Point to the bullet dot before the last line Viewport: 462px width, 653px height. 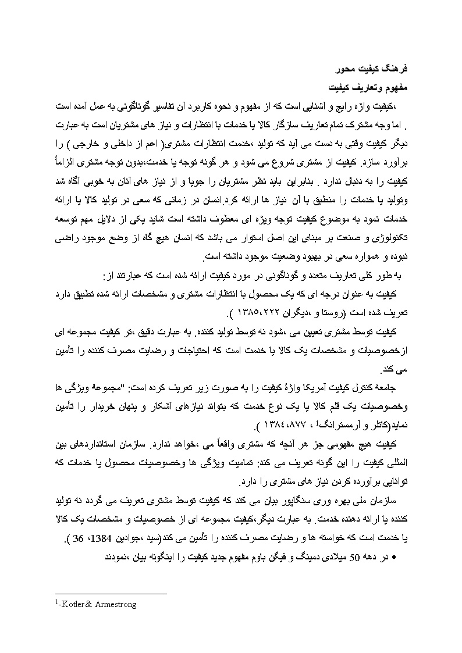(x=395, y=557)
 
